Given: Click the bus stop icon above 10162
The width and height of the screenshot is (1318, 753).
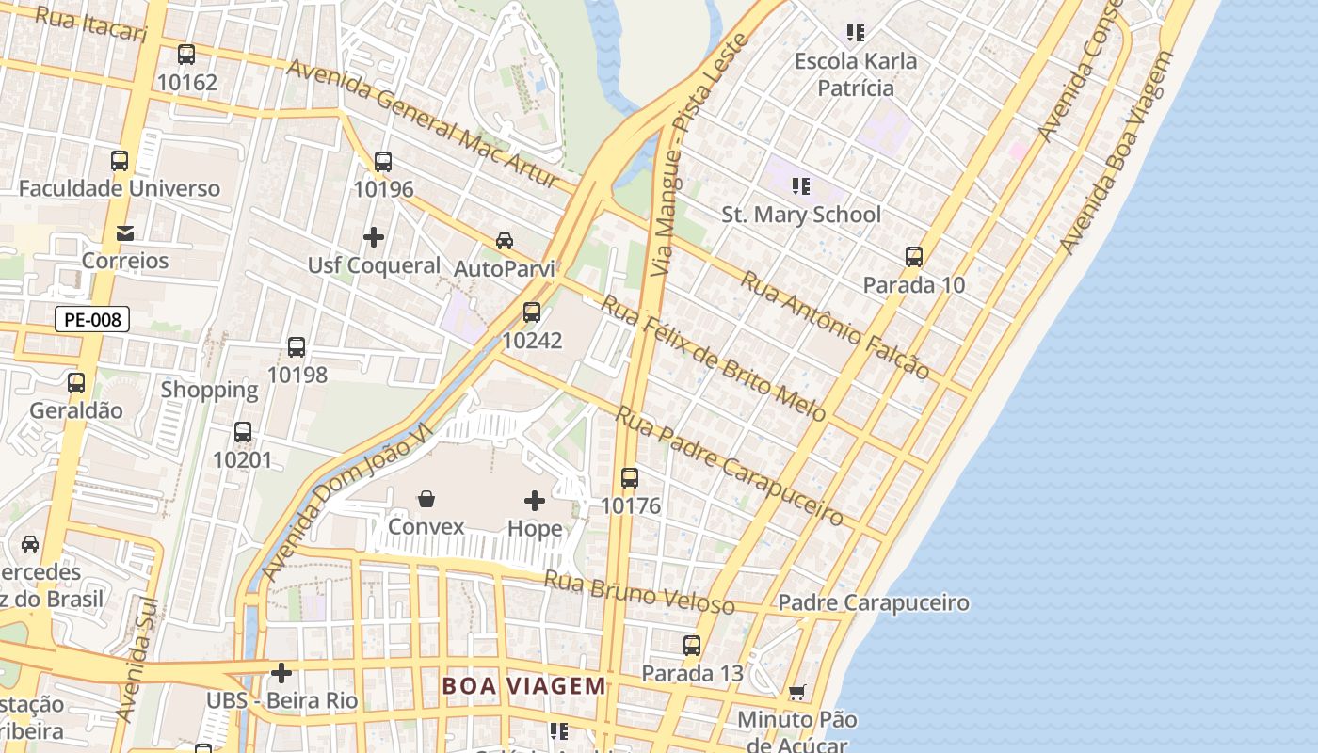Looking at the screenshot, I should point(186,55).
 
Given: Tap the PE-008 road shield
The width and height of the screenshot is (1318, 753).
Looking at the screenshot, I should point(92,319).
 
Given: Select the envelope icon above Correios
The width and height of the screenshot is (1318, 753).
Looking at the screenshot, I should point(125,232).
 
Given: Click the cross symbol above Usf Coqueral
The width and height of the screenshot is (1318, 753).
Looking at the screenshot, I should point(374,237).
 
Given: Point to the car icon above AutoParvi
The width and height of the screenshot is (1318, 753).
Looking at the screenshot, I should point(505,240).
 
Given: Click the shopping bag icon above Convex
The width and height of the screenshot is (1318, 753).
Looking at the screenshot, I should point(426,498).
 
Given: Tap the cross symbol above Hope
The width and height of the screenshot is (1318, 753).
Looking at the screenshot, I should point(535,501).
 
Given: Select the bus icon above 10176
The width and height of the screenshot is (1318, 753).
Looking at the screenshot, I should point(630,478).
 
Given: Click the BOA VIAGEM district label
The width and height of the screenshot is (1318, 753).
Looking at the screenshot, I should point(524,686).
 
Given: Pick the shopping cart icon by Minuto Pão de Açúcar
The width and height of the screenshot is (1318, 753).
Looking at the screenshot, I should point(796,693).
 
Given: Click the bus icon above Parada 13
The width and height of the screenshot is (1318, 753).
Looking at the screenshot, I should point(692,646).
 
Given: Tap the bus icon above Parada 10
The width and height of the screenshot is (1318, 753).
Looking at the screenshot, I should point(913,257).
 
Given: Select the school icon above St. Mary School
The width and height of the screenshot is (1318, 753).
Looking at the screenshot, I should point(800,186).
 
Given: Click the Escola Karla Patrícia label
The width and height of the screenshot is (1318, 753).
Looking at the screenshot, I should point(855,74).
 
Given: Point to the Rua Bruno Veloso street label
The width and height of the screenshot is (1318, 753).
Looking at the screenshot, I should point(638,591).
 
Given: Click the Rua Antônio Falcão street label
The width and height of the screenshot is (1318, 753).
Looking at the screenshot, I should point(834,324).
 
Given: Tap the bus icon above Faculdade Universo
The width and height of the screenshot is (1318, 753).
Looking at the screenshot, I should point(120,161).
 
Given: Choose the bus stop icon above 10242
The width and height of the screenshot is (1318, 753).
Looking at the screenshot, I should point(532,312).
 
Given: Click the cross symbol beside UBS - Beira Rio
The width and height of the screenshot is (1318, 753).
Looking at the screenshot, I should point(281,673).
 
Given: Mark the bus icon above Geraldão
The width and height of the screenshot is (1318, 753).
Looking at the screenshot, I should point(76,383).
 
